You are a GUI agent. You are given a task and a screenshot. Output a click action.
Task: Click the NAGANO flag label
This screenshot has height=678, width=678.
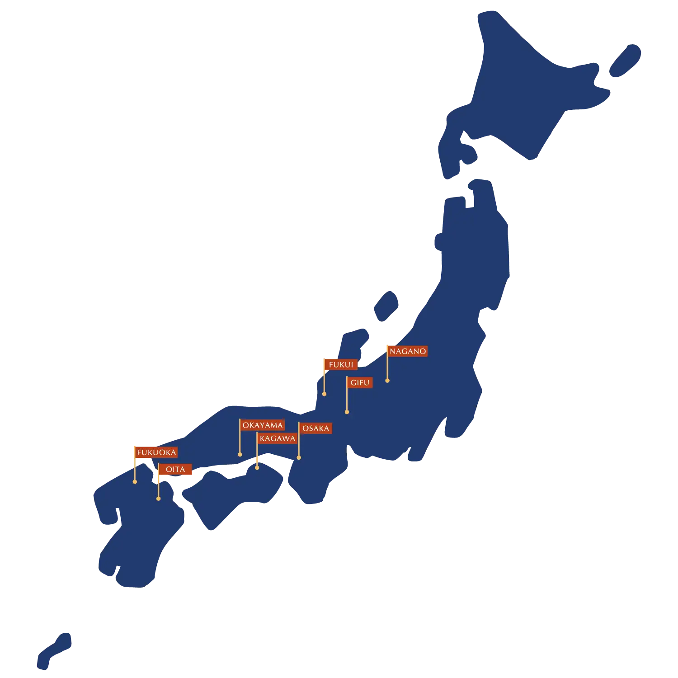[x=408, y=351]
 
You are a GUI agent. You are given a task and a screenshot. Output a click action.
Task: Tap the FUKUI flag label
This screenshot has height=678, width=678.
[x=341, y=365]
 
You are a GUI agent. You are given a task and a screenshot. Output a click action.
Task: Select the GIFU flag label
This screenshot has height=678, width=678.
[x=360, y=382]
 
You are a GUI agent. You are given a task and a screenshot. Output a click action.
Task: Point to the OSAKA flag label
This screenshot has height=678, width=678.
[x=315, y=428]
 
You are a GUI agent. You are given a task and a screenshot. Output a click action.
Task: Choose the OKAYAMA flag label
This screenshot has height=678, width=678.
[x=262, y=425]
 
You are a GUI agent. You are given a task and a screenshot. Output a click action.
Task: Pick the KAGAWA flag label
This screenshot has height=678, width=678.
[x=277, y=438]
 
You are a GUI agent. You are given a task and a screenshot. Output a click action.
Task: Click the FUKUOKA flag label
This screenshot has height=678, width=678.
[x=156, y=452]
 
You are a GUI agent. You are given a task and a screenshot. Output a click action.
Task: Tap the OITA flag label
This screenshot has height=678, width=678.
[x=175, y=469]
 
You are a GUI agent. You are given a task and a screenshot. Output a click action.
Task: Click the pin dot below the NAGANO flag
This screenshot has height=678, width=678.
[x=387, y=381]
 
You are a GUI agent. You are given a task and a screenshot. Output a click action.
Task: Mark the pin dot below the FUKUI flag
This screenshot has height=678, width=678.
[x=324, y=394]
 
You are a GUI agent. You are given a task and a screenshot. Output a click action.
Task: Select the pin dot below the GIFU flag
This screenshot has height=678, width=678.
[x=347, y=412]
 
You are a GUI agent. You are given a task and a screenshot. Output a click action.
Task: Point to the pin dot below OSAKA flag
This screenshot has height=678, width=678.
[x=299, y=458]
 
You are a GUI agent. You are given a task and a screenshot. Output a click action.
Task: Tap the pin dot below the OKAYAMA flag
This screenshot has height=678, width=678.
[x=240, y=454]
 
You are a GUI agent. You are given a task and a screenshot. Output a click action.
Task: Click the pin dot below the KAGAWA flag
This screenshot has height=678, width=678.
[x=257, y=467]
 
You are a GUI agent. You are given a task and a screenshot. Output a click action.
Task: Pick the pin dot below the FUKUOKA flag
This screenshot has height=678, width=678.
[x=135, y=482]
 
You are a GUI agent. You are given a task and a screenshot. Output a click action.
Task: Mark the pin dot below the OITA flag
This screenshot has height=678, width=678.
[x=158, y=499]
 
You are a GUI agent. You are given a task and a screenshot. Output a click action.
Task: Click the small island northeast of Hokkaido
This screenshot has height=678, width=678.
[x=625, y=61]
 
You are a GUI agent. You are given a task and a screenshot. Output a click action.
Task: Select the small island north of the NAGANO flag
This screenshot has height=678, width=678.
[x=386, y=306]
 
